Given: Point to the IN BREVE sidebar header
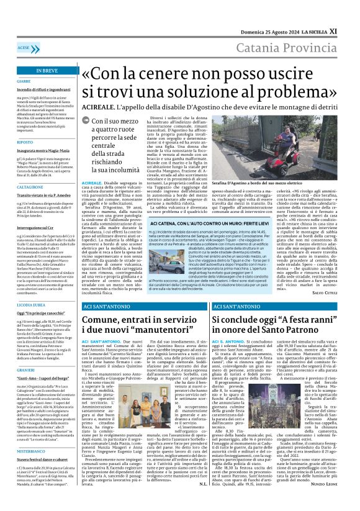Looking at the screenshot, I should (47, 71).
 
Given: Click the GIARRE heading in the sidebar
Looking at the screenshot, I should (24, 81).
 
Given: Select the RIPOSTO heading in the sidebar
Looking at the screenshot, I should (25, 142).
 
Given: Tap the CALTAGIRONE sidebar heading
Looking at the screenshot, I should (30, 186).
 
